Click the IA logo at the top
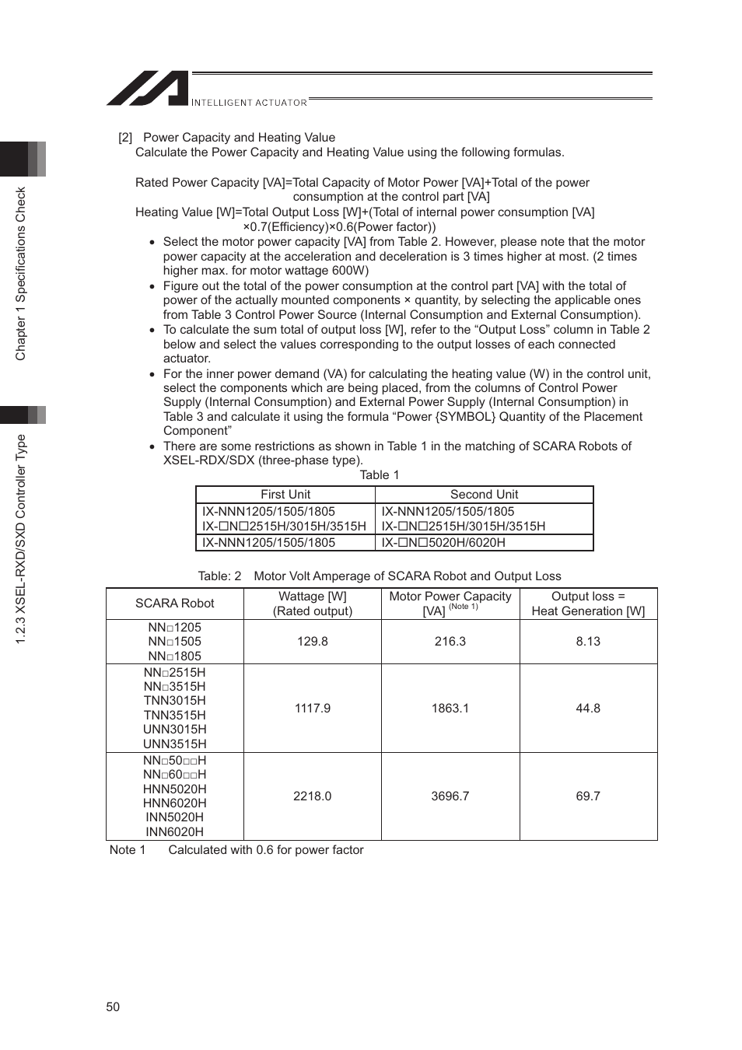(148, 89)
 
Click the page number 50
(113, 1006)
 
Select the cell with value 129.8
(312, 642)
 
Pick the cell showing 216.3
(450, 642)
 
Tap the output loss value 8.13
(588, 642)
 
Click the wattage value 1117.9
(312, 709)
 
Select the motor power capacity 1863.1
(450, 709)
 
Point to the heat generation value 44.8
(588, 709)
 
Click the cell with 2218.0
(312, 796)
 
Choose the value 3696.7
(450, 796)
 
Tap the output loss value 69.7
(588, 796)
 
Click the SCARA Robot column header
(174, 604)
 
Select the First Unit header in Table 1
(285, 495)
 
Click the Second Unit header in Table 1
(484, 495)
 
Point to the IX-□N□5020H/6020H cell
(443, 543)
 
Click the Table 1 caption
(379, 475)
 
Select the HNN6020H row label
(174, 803)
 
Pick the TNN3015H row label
(174, 701)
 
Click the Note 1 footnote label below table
(128, 850)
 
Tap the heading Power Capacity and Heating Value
(239, 138)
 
